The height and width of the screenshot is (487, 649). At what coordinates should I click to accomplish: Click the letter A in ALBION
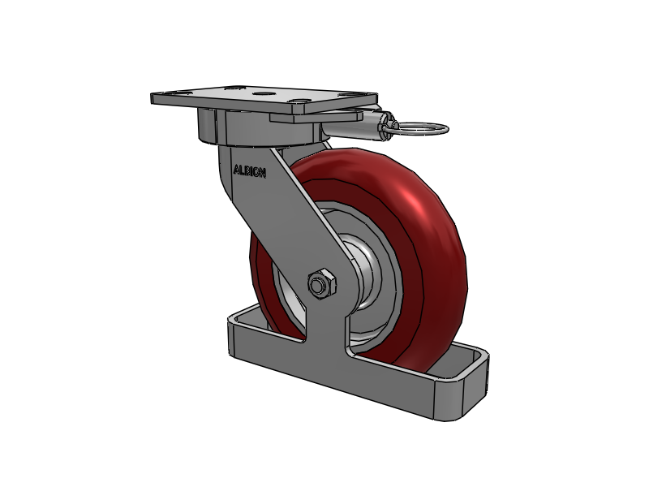[x=237, y=170]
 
